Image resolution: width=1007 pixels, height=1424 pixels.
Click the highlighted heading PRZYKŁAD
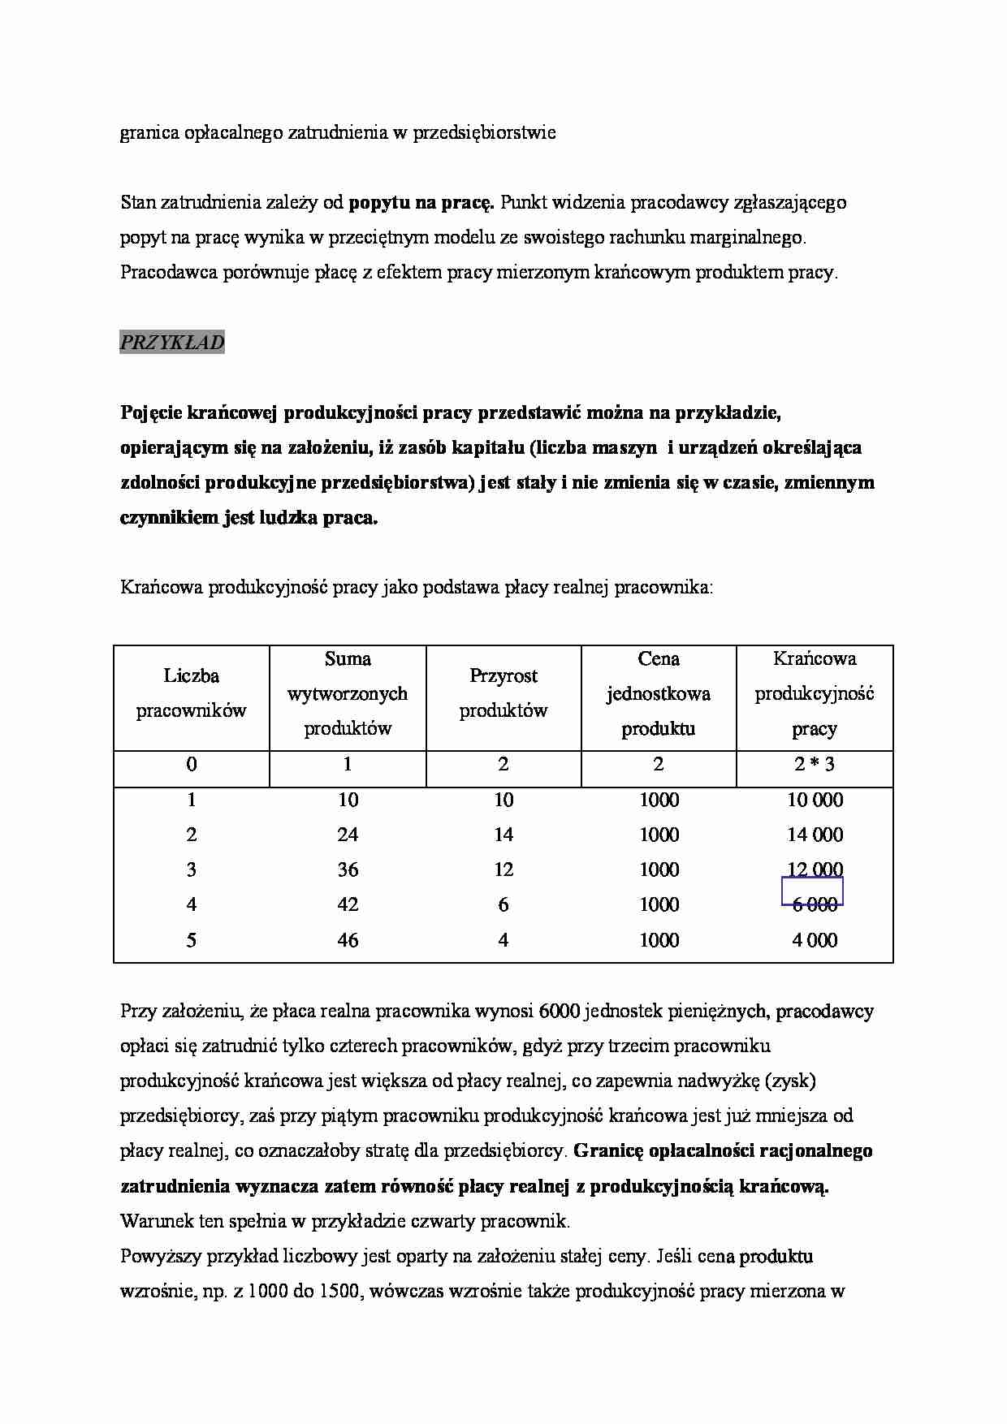(x=172, y=343)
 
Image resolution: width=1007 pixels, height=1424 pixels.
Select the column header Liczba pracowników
(x=191, y=693)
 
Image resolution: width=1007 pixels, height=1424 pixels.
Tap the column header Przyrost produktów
(x=503, y=693)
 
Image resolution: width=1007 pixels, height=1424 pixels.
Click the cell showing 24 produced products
(x=348, y=835)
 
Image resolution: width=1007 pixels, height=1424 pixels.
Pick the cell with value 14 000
(x=815, y=835)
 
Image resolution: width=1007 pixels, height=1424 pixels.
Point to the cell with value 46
(x=348, y=940)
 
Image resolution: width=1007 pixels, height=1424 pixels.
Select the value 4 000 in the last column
(x=815, y=940)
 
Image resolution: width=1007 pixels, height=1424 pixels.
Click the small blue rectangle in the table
(x=812, y=891)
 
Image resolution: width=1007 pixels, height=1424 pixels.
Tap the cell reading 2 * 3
(x=815, y=764)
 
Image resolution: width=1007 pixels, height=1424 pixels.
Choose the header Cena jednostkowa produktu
(x=659, y=693)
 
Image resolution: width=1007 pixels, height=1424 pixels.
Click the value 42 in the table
(x=348, y=904)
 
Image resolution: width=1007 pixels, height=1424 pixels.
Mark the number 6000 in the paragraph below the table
(x=559, y=1012)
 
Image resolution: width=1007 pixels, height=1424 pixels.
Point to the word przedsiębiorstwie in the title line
(x=485, y=133)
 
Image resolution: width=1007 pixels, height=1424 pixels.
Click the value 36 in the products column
(x=348, y=870)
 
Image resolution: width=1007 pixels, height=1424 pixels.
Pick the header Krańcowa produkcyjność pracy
(x=815, y=693)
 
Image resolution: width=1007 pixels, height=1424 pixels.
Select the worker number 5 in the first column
(x=191, y=940)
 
